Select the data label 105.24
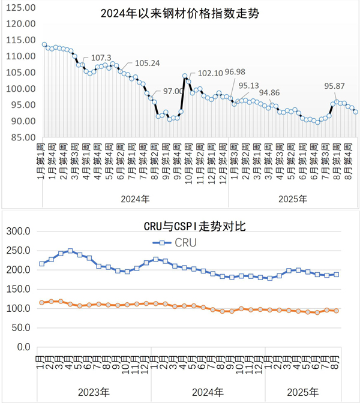point(147,63)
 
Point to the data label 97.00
point(175,91)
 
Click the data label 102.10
point(210,73)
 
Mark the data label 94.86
point(269,92)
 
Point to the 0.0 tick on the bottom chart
point(23,347)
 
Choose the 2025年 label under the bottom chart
point(303,393)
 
